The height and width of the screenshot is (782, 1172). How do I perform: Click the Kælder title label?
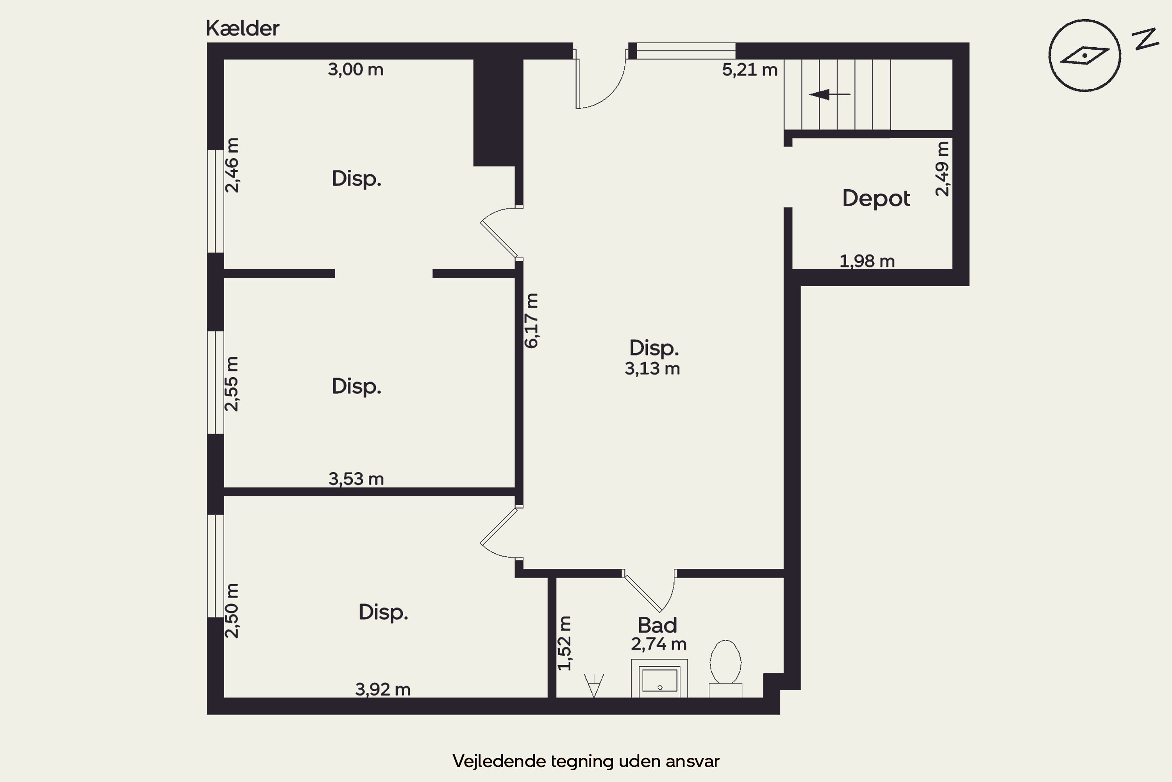pyautogui.click(x=242, y=29)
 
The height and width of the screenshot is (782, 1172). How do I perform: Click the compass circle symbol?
pyautogui.click(x=1084, y=56)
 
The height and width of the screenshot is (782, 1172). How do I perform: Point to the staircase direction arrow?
pyautogui.click(x=830, y=94)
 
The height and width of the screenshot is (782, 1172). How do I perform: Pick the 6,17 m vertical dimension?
pyautogui.click(x=531, y=321)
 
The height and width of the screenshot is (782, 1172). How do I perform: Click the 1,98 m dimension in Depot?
pyautogui.click(x=867, y=261)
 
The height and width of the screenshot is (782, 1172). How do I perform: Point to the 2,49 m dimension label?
pyautogui.click(x=942, y=169)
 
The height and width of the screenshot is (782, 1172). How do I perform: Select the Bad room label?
pyautogui.click(x=657, y=625)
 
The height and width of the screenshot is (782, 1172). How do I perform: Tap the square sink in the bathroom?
pyautogui.click(x=660, y=678)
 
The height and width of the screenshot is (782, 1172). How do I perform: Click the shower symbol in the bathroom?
pyautogui.click(x=594, y=685)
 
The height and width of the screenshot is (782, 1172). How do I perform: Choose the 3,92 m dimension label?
pyautogui.click(x=383, y=689)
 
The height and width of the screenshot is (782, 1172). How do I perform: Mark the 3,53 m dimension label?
pyautogui.click(x=356, y=479)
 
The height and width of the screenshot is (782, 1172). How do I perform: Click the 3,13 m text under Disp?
pyautogui.click(x=652, y=369)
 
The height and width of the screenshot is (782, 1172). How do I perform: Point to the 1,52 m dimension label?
pyautogui.click(x=565, y=643)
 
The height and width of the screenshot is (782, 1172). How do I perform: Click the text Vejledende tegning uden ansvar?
pyautogui.click(x=586, y=761)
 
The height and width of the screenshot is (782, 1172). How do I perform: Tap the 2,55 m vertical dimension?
pyautogui.click(x=232, y=384)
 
